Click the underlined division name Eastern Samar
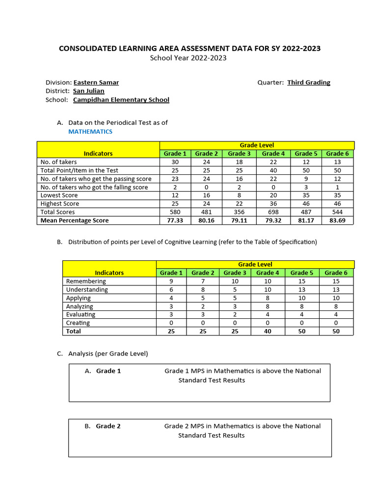pos(96,83)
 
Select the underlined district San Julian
pos(89,91)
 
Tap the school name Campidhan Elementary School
pos(121,100)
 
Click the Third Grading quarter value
pos(309,83)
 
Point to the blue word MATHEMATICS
pos(90,132)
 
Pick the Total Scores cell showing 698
pos(273,212)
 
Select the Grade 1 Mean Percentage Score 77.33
pos(175,221)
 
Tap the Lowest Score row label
pos(59,196)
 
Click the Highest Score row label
pos(60,204)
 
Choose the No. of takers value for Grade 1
pos(175,162)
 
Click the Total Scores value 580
pos(175,212)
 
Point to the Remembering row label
pos(86,281)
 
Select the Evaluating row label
pos(81,314)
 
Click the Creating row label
pos(78,323)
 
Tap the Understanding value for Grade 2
pos(203,290)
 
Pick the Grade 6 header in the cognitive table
pos(336,273)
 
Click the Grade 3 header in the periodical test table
pos(240,154)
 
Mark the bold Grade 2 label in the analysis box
pos(108,426)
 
